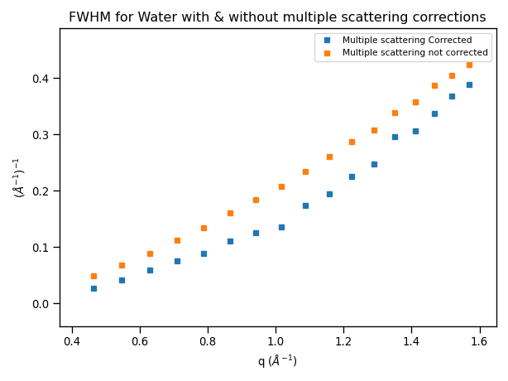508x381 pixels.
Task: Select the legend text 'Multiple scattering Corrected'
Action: click(407, 40)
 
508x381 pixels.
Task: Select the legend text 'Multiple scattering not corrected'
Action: click(415, 52)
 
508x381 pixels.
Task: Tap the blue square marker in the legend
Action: click(328, 40)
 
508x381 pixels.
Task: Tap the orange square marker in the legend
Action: click(328, 52)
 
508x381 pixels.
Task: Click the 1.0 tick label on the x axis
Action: click(276, 340)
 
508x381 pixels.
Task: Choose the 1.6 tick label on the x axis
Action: click(479, 340)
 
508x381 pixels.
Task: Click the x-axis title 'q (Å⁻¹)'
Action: click(277, 361)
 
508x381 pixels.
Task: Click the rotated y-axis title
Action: click(19, 177)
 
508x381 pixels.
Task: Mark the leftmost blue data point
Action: click(93, 288)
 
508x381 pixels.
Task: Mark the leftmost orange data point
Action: click(93, 276)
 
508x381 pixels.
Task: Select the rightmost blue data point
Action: click(469, 84)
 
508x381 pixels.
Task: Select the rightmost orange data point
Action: click(469, 65)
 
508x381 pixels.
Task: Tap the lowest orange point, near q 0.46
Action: click(93, 276)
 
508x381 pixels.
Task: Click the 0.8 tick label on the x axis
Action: click(208, 340)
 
